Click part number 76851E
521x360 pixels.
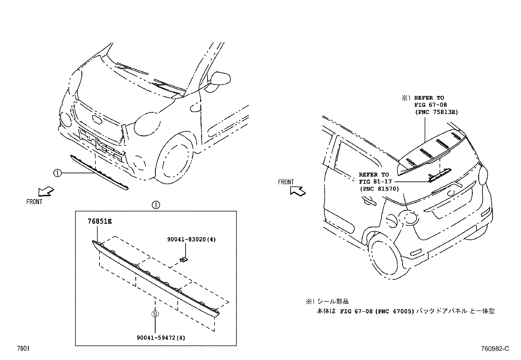pyautogui.click(x=99, y=221)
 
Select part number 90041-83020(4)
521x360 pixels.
pyautogui.click(x=191, y=239)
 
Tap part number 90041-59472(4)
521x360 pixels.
pyautogui.click(x=161, y=337)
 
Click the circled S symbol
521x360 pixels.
pyautogui.click(x=155, y=314)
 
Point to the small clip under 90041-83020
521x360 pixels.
pyautogui.click(x=184, y=259)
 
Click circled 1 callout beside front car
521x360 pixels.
pyautogui.click(x=57, y=173)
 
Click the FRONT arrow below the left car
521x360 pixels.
pyautogui.click(x=46, y=191)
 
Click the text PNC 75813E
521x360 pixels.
pyautogui.click(x=436, y=112)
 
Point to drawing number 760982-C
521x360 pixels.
pyautogui.click(x=495, y=349)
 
